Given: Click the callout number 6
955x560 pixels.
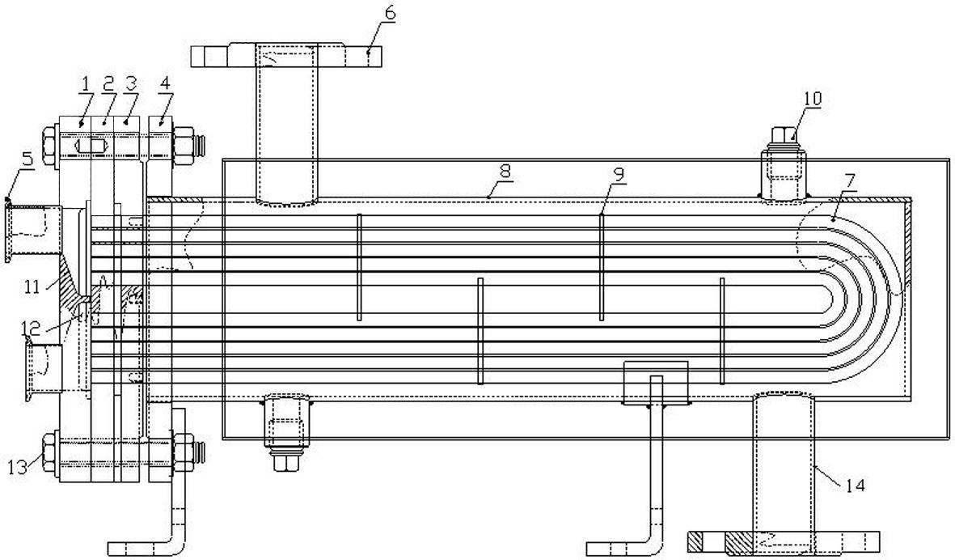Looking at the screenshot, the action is click(x=390, y=13).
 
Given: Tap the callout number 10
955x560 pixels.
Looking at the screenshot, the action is click(x=813, y=98).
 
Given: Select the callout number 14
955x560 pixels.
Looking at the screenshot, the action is click(x=855, y=486).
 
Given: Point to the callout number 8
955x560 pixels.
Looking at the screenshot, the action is click(x=505, y=172).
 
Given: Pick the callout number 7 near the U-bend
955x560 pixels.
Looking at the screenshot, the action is click(x=850, y=181).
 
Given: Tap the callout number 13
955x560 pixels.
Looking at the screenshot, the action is click(x=18, y=468).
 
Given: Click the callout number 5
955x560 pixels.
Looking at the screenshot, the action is click(x=27, y=159).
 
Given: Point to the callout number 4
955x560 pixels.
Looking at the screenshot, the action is click(x=166, y=83).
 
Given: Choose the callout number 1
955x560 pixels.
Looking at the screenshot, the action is click(x=85, y=83).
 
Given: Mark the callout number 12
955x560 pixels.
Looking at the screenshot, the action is click(x=31, y=329).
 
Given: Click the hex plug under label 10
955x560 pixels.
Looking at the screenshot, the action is click(x=784, y=135).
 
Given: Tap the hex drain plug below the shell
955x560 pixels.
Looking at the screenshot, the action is click(x=285, y=463).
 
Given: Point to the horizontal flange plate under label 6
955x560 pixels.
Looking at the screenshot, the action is click(x=286, y=55).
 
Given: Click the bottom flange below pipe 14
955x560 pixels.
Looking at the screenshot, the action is click(x=784, y=541).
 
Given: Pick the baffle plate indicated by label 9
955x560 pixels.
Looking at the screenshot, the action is click(x=601, y=267).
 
